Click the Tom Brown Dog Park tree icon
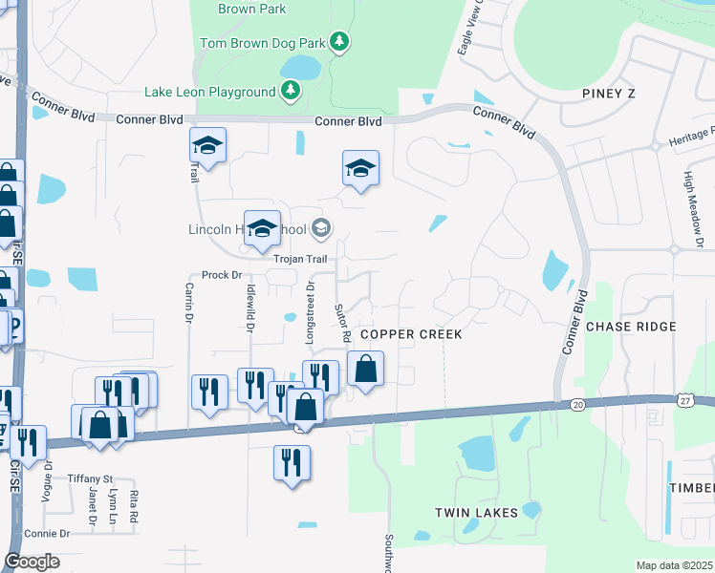(x=338, y=41)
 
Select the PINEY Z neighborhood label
(x=609, y=93)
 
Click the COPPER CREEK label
(x=411, y=334)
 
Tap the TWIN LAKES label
(x=476, y=513)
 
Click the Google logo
(x=32, y=562)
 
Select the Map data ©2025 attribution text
(x=674, y=565)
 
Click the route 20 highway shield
(x=578, y=405)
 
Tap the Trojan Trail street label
(x=300, y=259)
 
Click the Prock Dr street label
(x=221, y=275)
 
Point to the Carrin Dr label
(x=189, y=304)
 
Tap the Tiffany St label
(x=90, y=478)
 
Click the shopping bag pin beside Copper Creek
(x=365, y=369)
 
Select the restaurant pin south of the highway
(x=291, y=461)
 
